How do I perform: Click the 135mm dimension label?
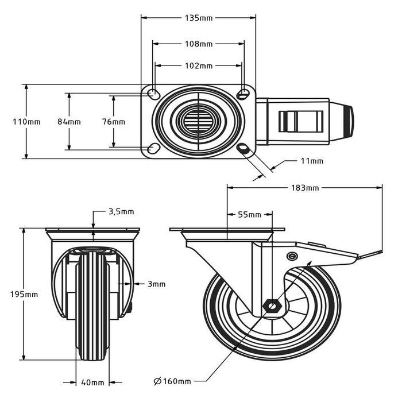pos(198,18)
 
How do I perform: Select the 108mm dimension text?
pos(198,43)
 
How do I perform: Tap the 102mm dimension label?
pos(198,65)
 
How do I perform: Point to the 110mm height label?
pos(26,122)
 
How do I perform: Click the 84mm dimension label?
pos(69,122)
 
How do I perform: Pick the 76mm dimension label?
pos(113,122)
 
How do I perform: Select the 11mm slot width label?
pos(312,161)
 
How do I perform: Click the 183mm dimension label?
pos(304,188)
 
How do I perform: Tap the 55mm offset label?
pos(249,215)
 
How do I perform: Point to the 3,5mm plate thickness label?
pos(121,211)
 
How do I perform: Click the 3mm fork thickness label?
pos(156,284)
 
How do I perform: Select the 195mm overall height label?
pos(25,294)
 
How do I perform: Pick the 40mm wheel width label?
pos(92,382)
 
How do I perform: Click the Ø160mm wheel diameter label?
pos(172,380)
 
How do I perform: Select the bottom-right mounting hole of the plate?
pos(243,149)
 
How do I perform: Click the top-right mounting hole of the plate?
pos(243,94)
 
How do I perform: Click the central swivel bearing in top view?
pos(198,121)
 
